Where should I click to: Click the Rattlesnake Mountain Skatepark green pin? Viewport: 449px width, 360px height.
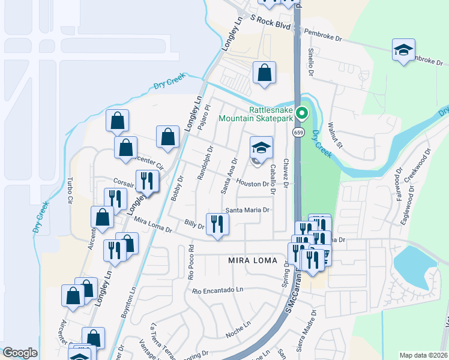click(303, 112)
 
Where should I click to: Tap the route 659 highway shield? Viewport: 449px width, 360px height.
click(298, 132)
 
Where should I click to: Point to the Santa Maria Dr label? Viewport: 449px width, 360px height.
click(248, 210)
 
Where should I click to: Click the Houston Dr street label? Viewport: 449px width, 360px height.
click(252, 183)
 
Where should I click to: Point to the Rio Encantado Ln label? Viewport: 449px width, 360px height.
click(218, 290)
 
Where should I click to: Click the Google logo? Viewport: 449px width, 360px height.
click(20, 353)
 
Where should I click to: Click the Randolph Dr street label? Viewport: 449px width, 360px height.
click(205, 164)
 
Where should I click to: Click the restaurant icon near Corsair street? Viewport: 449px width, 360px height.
click(146, 181)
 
